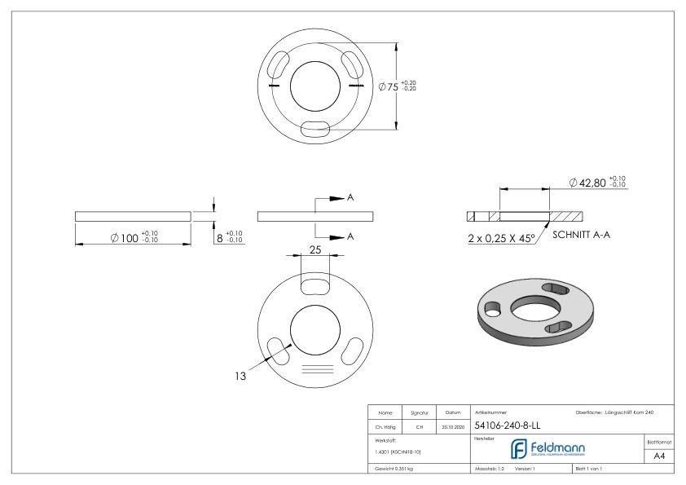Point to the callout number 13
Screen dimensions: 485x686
pos(240,377)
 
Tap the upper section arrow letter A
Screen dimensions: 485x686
pos(350,198)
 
